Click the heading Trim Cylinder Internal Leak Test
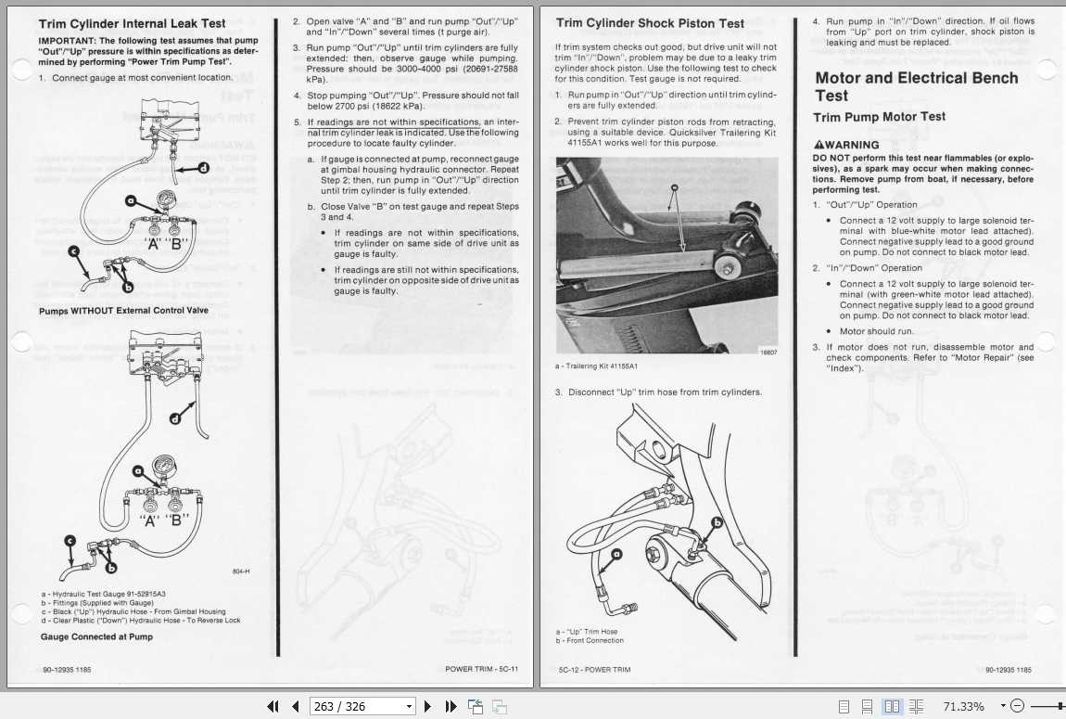(x=132, y=24)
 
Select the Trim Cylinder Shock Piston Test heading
(x=650, y=23)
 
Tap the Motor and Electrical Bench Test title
(x=916, y=86)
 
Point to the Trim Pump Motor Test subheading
(x=879, y=117)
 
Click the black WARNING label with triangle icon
(x=846, y=145)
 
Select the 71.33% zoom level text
(x=964, y=706)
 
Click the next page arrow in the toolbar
(x=427, y=706)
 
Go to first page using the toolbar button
(x=273, y=706)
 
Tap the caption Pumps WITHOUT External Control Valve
(x=123, y=311)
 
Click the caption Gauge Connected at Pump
(x=96, y=636)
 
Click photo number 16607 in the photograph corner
(x=768, y=352)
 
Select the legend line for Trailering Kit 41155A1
(x=599, y=366)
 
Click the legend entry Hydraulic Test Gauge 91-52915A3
(x=103, y=594)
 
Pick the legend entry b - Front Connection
(x=590, y=641)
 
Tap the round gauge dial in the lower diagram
(x=164, y=463)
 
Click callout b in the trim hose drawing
(x=716, y=522)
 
